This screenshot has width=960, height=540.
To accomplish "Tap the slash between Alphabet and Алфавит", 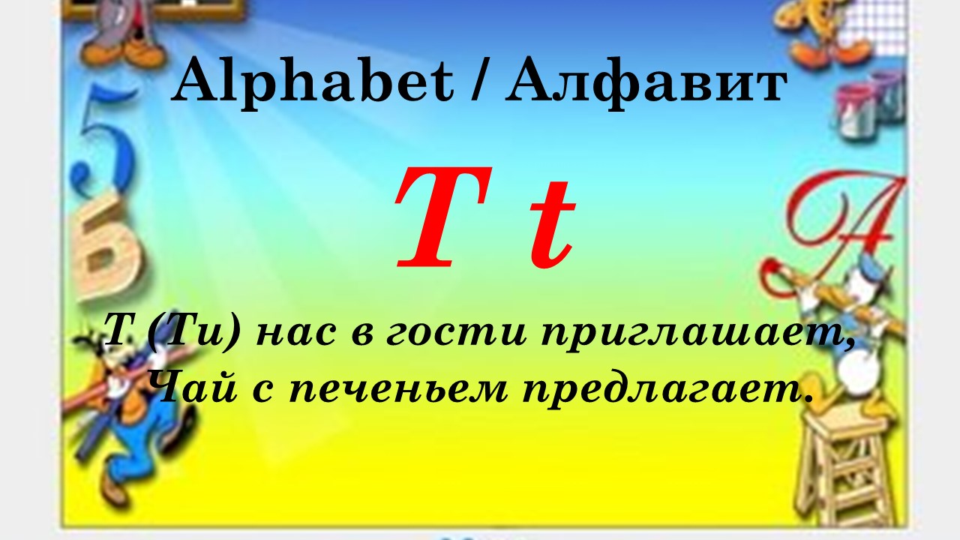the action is pos(479,82).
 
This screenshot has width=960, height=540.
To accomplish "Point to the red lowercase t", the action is pos(553,224).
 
